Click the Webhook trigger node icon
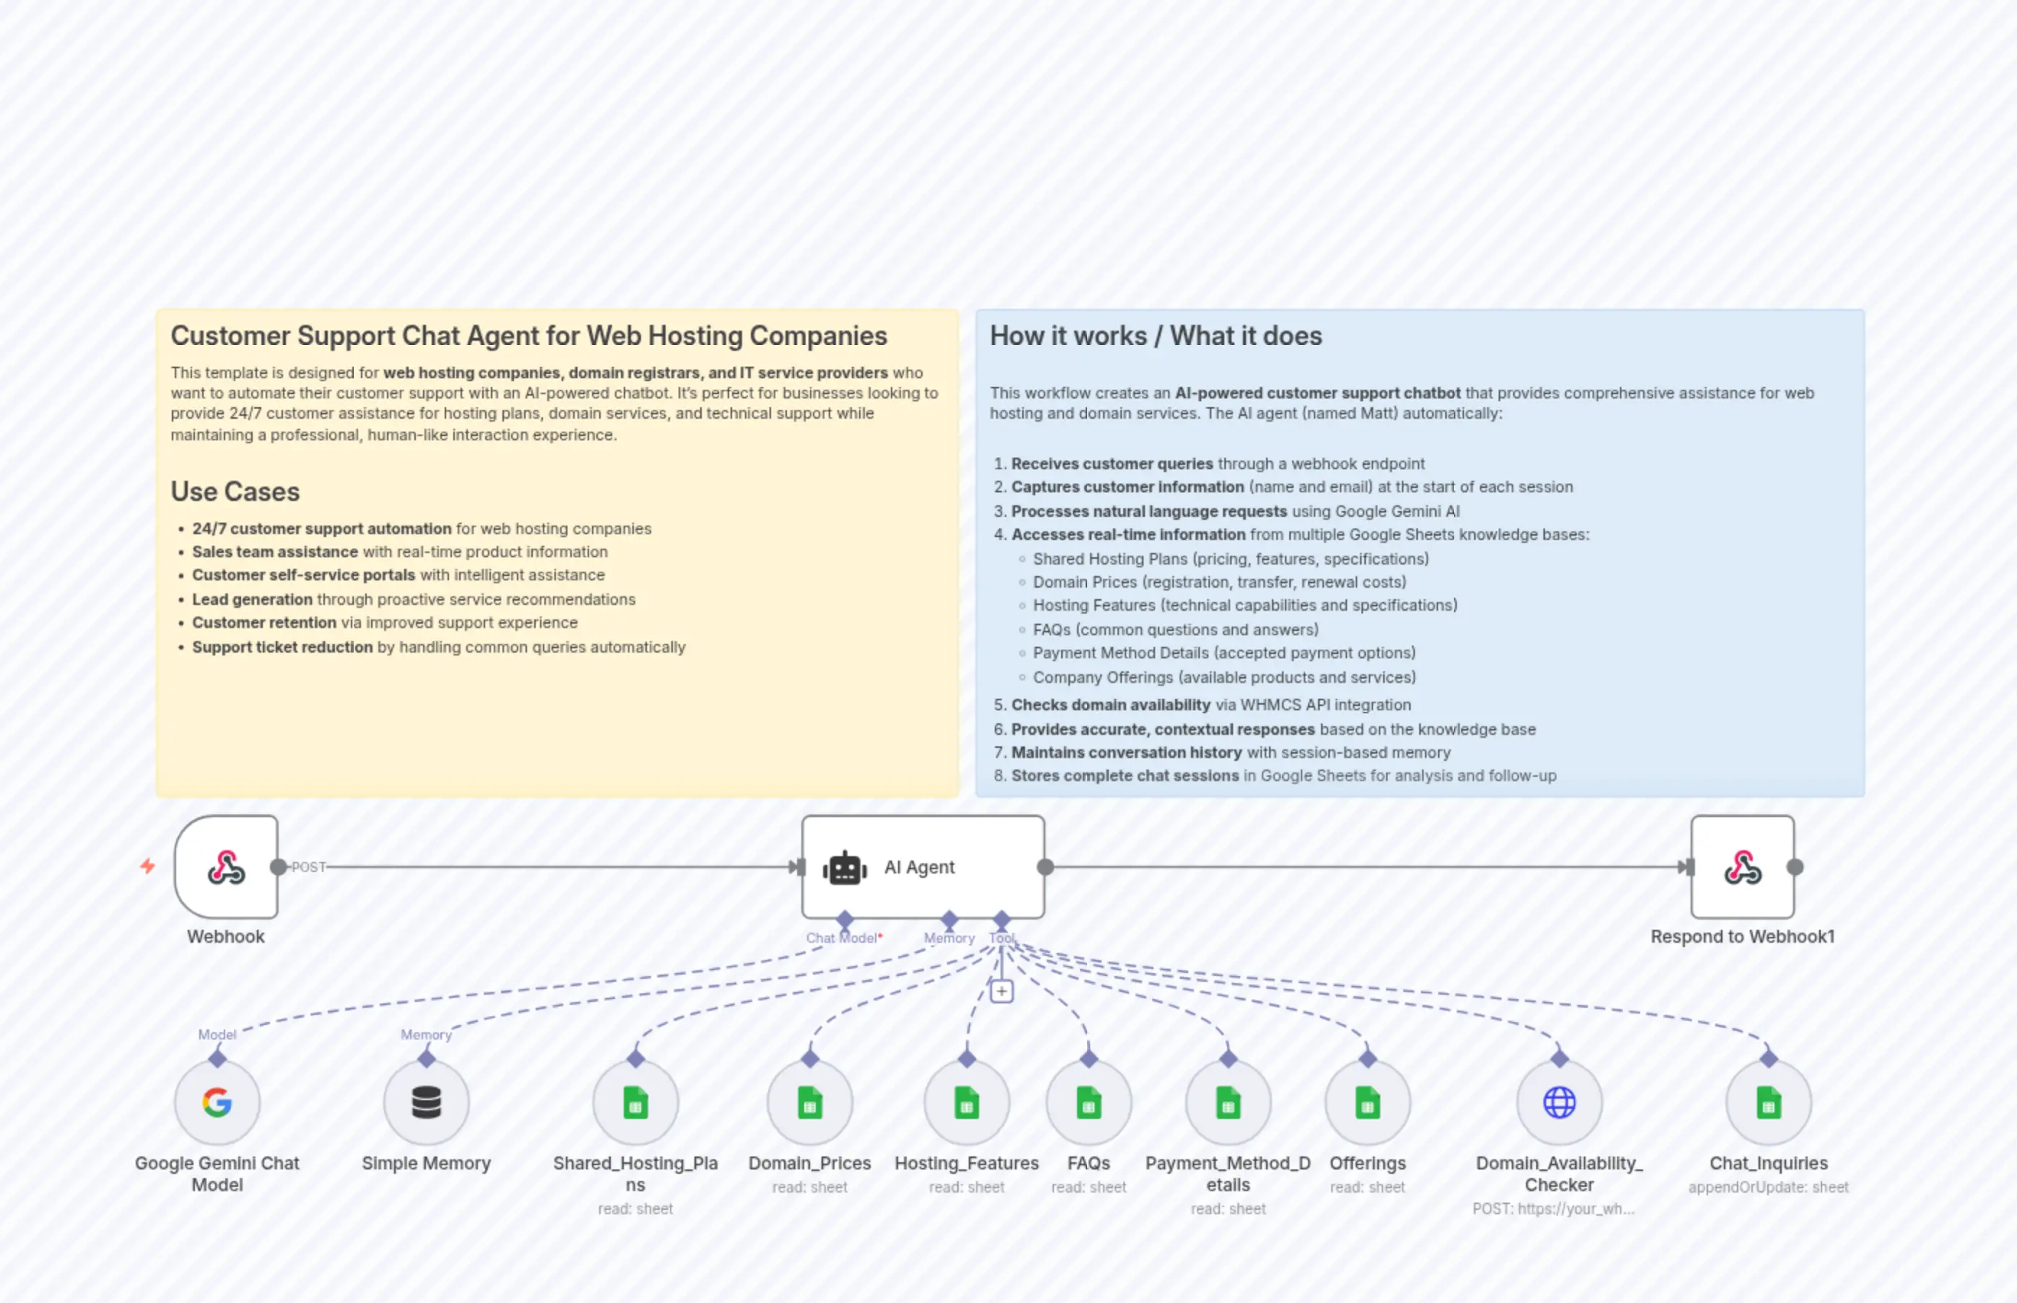click(x=226, y=867)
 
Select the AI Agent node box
click(x=922, y=867)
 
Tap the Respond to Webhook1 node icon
click(x=1742, y=867)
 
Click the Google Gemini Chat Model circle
click(x=217, y=1102)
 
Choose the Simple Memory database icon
click(x=427, y=1102)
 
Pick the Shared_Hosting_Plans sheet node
click(x=635, y=1102)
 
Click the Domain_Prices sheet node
click(x=810, y=1102)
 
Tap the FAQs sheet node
click(x=1088, y=1102)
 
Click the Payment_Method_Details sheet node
click(x=1228, y=1102)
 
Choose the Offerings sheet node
click(x=1367, y=1102)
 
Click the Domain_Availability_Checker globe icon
click(x=1559, y=1102)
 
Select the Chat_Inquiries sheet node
click(x=1768, y=1102)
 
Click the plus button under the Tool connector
click(x=1002, y=991)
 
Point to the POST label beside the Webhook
click(x=309, y=867)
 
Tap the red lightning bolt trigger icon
click(x=148, y=866)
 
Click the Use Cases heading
click(x=235, y=492)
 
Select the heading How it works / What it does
click(x=1156, y=336)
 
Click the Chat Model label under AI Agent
click(x=842, y=938)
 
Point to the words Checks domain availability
click(x=1111, y=705)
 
